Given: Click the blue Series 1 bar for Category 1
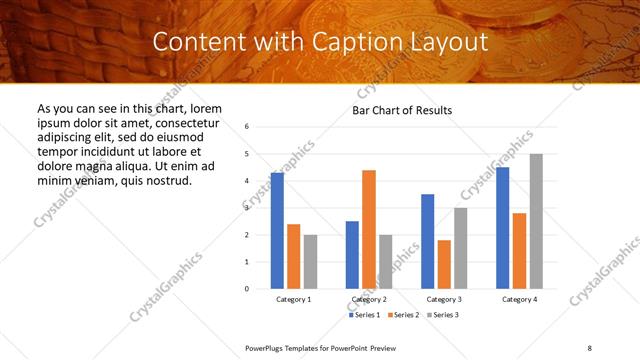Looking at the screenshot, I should click(x=277, y=231).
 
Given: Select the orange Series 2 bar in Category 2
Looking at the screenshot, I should click(x=369, y=229).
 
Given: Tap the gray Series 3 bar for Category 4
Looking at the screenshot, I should click(x=536, y=221).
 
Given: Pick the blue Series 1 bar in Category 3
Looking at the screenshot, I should click(x=427, y=241).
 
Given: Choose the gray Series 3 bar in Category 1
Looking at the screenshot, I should click(x=310, y=261).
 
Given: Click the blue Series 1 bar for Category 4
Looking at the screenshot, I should click(x=502, y=228).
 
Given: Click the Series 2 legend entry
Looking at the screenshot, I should click(x=402, y=315).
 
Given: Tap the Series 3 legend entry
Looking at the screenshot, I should click(x=442, y=315).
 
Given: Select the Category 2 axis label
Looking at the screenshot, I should click(x=369, y=300).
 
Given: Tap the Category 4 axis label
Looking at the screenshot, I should click(x=519, y=300).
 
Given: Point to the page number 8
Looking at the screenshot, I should click(x=590, y=347).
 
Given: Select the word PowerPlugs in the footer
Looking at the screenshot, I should click(x=267, y=347).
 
